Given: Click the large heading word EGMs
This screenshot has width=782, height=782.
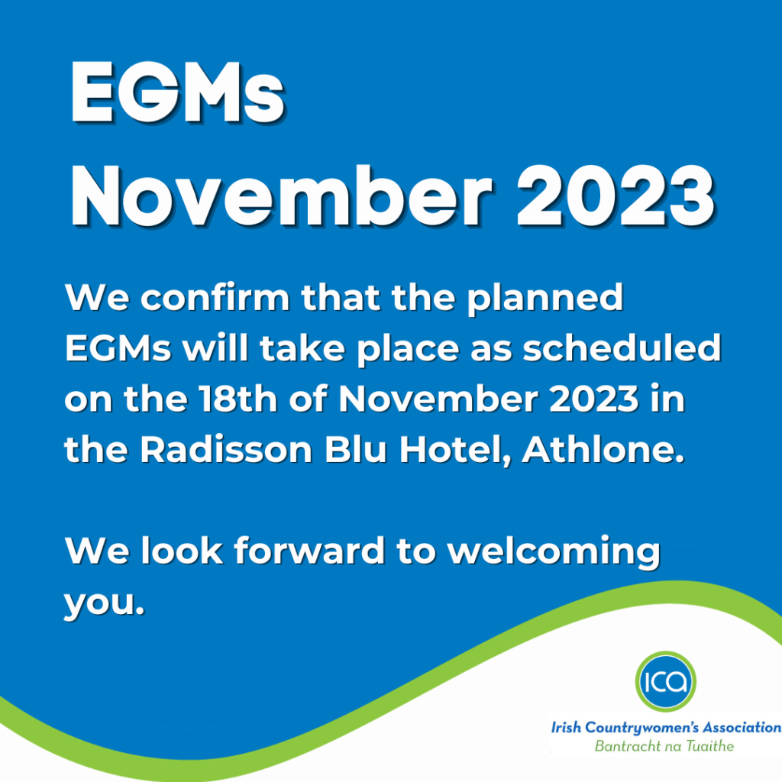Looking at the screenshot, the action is coord(177,92).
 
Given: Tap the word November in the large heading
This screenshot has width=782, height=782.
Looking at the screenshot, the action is coord(282,196).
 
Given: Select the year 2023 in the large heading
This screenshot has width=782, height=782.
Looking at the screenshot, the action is coord(616,197).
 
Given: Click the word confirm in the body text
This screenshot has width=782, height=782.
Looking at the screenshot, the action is coord(215,298).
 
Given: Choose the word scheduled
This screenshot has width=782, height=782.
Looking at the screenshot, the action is coord(622,347).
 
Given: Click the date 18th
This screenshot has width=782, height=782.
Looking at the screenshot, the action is coord(238,399).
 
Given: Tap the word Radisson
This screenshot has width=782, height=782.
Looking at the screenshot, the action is coord(226,449).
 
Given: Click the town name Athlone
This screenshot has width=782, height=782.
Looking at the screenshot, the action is coord(603,449).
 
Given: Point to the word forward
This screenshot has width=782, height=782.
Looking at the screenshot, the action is coord(309,551).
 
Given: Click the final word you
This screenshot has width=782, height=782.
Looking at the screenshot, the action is coord(104,605).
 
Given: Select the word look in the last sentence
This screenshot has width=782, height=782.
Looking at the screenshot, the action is coord(182,551).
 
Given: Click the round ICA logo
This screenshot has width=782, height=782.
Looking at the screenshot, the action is coord(665,681).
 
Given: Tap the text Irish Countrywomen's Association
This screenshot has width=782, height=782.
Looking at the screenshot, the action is coord(666,728).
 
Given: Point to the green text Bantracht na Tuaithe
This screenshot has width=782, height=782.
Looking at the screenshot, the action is coord(664,746).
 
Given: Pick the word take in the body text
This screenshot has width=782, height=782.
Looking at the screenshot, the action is coord(302,347).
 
